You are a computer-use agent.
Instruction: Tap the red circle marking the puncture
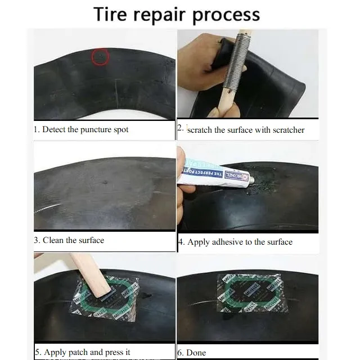click(x=100, y=57)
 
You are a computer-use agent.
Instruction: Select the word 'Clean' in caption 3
click(x=53, y=240)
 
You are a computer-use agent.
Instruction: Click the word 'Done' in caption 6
click(x=196, y=353)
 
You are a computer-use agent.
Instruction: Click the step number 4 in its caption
click(x=181, y=242)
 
